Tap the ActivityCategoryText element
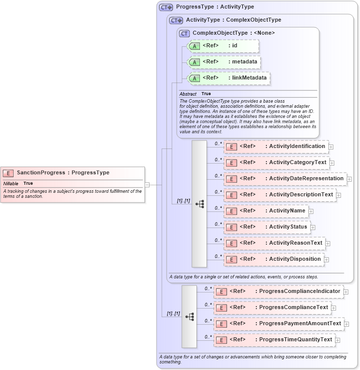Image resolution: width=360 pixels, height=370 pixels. point(276,163)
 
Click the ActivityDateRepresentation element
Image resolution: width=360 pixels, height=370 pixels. point(285,179)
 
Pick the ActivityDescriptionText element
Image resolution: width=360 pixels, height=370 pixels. point(280,195)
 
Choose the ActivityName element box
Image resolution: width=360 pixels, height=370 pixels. point(266,211)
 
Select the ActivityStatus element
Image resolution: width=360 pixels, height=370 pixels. point(267,227)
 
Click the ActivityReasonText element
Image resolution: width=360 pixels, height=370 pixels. point(274,243)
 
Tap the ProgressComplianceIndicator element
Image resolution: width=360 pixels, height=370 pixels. point(278,291)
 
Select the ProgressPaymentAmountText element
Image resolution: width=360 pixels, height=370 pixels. point(278,324)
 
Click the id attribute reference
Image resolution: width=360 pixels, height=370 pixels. point(223,46)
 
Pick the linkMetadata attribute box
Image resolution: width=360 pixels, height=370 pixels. point(228,79)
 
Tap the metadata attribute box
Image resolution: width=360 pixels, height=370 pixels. point(224,62)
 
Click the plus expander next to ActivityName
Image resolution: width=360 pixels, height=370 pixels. point(311,211)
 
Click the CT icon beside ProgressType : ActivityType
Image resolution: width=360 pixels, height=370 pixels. point(166,8)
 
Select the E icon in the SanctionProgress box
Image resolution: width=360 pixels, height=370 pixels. point(8,173)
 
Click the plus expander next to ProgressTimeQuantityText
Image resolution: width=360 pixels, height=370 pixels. point(338,340)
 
